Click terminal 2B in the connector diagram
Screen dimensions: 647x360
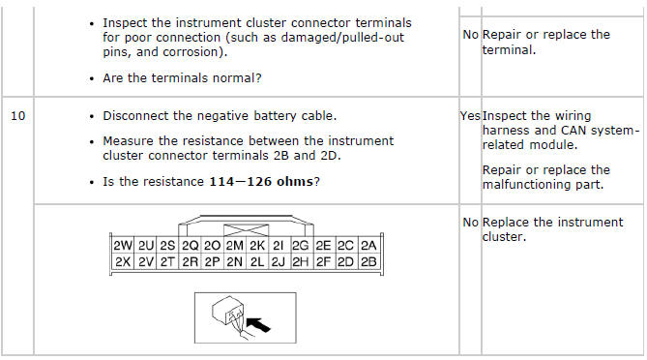point(368,261)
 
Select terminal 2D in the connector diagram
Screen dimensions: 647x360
point(345,261)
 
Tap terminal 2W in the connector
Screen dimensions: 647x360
point(123,246)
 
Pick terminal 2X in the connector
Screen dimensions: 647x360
point(123,261)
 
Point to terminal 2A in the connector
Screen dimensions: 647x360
point(368,246)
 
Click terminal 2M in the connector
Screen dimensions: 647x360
point(234,246)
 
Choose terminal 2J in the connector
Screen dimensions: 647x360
point(279,261)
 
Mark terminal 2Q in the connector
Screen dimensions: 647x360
point(191,246)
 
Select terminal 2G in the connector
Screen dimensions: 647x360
point(301,246)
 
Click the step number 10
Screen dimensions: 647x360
point(17,116)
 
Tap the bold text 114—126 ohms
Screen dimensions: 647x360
point(261,182)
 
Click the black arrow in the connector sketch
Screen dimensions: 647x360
point(258,324)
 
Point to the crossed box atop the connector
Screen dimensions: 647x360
point(246,230)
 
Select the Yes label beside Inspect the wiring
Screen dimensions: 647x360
point(470,116)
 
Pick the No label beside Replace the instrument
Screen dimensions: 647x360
point(470,223)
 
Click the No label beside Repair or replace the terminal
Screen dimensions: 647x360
point(470,35)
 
